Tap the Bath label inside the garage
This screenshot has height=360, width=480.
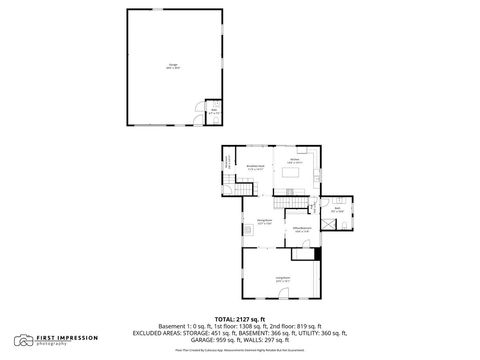213,113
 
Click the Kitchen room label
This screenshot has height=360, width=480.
295,160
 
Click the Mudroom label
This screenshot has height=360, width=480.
229,160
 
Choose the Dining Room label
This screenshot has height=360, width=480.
265,222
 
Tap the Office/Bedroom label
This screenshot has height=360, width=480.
303,230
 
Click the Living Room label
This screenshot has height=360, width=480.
283,279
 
